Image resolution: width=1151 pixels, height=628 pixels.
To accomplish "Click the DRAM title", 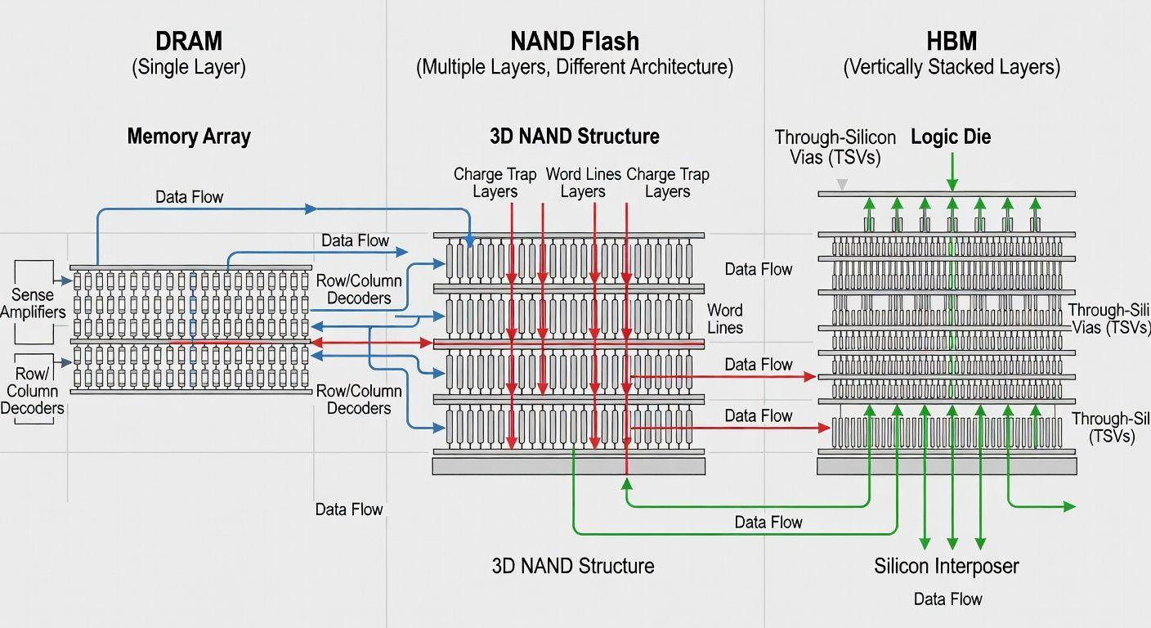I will [188, 40].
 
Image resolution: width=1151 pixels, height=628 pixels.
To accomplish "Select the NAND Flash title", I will [574, 40].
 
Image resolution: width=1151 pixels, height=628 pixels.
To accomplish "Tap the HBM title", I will [952, 40].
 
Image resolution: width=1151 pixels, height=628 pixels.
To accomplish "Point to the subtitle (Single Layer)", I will [188, 67].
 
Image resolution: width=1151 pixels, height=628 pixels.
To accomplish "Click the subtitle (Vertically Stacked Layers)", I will [952, 67].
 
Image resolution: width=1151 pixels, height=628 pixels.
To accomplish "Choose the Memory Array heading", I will [188, 136].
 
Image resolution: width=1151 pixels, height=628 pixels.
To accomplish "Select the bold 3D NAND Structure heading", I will [574, 136].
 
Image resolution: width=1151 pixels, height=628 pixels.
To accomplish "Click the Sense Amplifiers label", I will [33, 303].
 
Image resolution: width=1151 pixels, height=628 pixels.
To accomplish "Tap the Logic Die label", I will [951, 137].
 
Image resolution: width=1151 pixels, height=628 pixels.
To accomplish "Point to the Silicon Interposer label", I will [946, 566].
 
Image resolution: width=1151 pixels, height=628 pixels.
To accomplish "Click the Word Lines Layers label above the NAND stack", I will [582, 182].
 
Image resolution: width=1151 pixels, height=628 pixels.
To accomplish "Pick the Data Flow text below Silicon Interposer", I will [947, 599].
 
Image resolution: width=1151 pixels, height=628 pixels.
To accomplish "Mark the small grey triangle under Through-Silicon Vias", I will [843, 185].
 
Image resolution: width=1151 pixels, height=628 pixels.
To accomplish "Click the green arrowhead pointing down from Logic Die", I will [952, 186].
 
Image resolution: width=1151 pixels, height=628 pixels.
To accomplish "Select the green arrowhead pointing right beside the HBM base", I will [1069, 507].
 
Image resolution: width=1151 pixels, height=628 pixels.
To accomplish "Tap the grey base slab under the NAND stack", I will [568, 466].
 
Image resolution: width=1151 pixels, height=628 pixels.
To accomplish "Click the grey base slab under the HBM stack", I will [947, 466].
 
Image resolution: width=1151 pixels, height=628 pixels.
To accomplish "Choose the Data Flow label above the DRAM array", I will [189, 197].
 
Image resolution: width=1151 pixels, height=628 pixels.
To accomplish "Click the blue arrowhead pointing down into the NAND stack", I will [470, 240].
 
